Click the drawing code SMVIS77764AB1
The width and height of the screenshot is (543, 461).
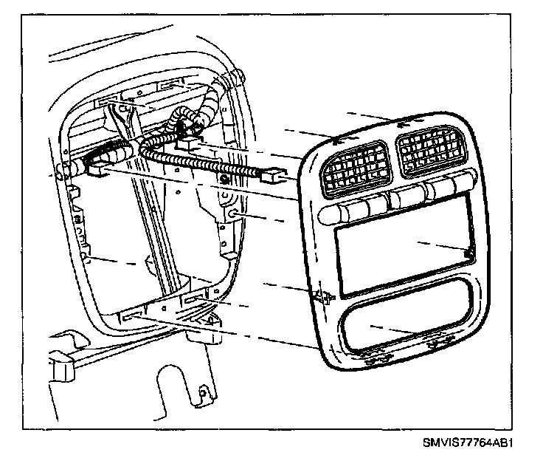(467, 444)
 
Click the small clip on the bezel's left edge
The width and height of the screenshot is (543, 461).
(322, 297)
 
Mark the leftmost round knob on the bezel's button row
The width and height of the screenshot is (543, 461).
(333, 214)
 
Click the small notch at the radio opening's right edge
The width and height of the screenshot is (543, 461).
(468, 255)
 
